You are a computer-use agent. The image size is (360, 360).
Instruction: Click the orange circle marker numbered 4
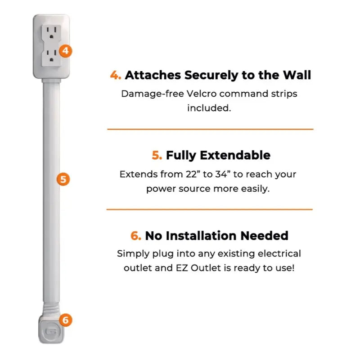coord(65,50)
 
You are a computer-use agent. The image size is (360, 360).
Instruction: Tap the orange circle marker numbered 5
coord(63,180)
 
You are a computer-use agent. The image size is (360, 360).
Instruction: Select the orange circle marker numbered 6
coord(65,320)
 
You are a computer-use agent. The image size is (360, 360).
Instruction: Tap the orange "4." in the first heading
coord(116,75)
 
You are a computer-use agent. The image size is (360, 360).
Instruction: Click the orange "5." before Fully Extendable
coord(157,156)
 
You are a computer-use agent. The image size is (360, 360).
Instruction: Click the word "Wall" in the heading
coord(296,75)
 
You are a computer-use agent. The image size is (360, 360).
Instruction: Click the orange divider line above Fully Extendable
coord(210,129)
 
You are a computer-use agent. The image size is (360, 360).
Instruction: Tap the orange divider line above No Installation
coord(209,209)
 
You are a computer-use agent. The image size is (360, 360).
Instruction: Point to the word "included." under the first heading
coord(209,108)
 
